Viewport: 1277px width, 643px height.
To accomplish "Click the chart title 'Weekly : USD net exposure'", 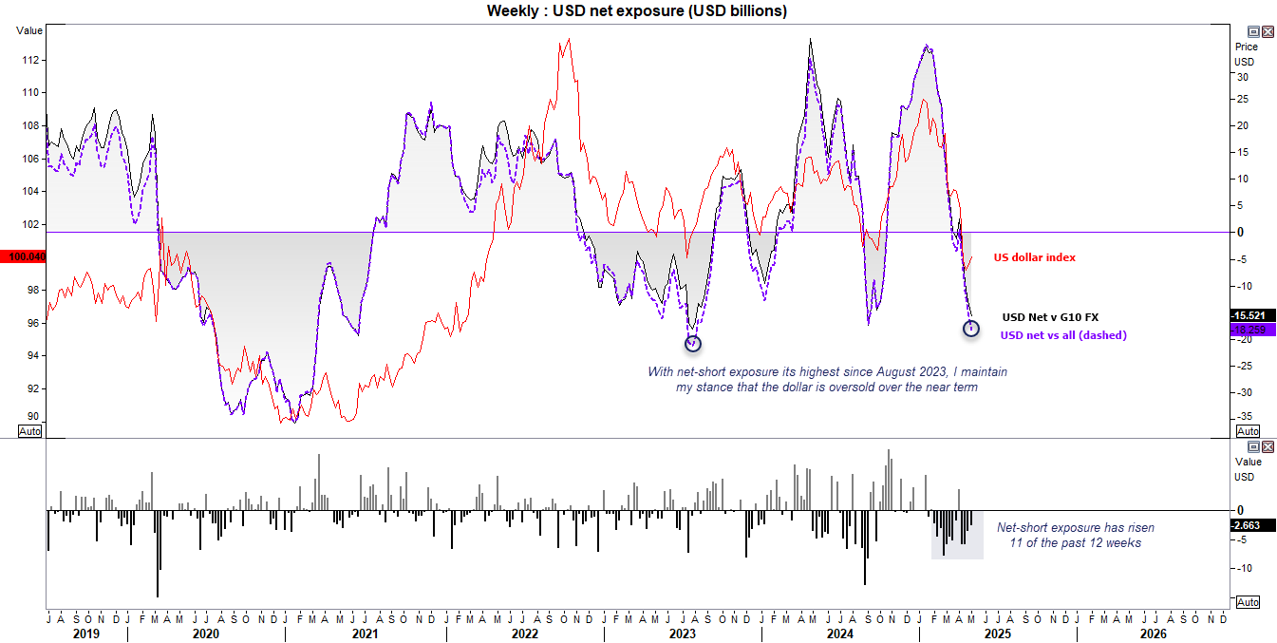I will click(x=637, y=10).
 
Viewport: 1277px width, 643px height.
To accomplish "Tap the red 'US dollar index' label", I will click(x=1034, y=257).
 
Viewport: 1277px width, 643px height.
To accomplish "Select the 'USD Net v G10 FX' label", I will click(x=1049, y=317).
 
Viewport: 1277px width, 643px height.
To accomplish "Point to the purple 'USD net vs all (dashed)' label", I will click(x=1063, y=335).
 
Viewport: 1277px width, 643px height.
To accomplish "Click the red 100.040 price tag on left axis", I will click(x=23, y=256).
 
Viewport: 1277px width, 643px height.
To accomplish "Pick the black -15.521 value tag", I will click(x=1253, y=315).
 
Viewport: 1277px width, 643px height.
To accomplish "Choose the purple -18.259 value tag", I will click(x=1253, y=329).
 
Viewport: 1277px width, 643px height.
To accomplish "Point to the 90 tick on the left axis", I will click(x=33, y=416).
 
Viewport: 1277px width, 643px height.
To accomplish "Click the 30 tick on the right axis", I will click(x=1240, y=77).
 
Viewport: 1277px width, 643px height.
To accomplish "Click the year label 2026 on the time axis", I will click(x=1154, y=633).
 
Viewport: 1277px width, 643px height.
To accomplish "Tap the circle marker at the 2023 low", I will click(x=692, y=343).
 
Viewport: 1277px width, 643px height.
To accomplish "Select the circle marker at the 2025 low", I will click(x=970, y=328).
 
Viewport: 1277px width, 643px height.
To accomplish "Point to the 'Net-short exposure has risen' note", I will click(x=1076, y=527).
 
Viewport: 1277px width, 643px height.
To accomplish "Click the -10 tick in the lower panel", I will click(x=1242, y=568).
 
